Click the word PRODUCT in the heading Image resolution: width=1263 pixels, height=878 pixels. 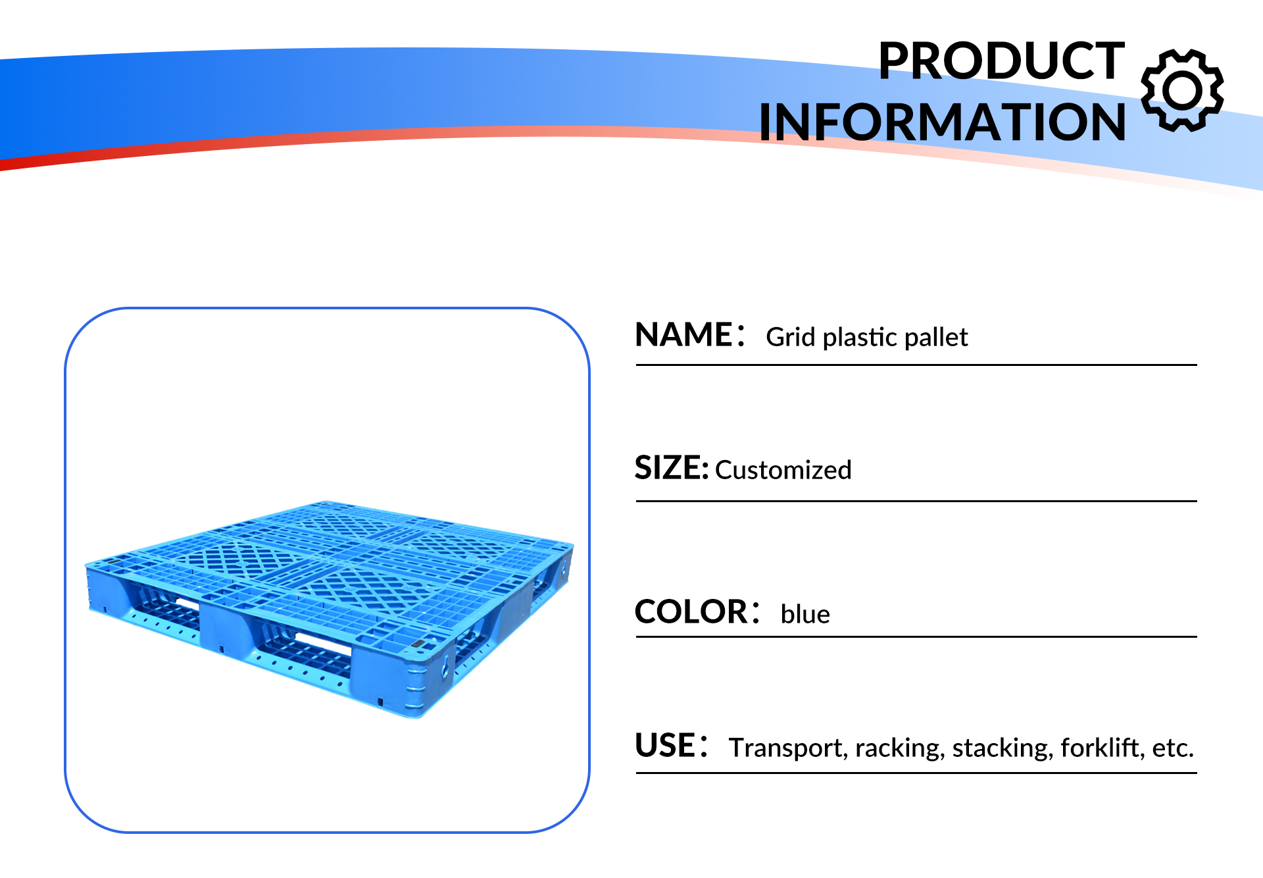pyautogui.click(x=1001, y=61)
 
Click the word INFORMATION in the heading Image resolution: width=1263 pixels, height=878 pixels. pyautogui.click(x=942, y=122)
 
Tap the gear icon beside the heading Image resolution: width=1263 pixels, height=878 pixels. pyautogui.click(x=1182, y=90)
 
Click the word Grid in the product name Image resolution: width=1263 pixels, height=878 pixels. pyautogui.click(x=791, y=337)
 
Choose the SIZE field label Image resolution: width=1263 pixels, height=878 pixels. pyautogui.click(x=672, y=468)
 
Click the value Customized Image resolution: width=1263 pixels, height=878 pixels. pyautogui.click(x=783, y=470)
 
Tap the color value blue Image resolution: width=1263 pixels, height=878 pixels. pyautogui.click(x=805, y=614)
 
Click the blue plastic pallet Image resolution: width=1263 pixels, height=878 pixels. pyautogui.click(x=329, y=609)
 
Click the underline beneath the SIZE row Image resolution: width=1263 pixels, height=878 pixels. pyautogui.click(x=916, y=501)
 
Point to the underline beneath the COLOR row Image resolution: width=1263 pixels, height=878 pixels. pyautogui.click(x=916, y=636)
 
